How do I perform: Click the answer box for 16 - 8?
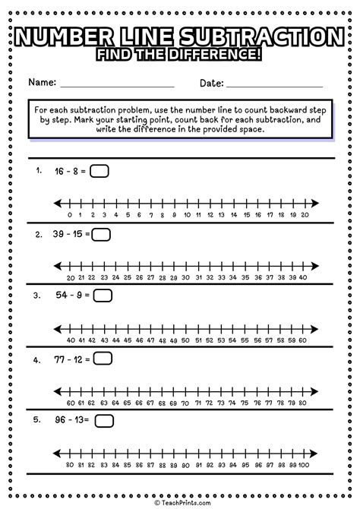99,172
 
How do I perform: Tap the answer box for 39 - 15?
101,234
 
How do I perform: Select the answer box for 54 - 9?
103,295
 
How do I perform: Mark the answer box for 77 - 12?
103,358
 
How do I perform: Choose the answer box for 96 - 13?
104,420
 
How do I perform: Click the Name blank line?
117,85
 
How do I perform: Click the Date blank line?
274,85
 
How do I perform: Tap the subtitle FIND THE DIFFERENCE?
180,55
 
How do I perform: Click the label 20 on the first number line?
305,215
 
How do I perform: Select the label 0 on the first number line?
69,215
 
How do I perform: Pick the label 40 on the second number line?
305,277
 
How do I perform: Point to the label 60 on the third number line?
305,340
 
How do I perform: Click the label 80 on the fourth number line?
305,402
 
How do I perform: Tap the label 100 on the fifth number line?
305,464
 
